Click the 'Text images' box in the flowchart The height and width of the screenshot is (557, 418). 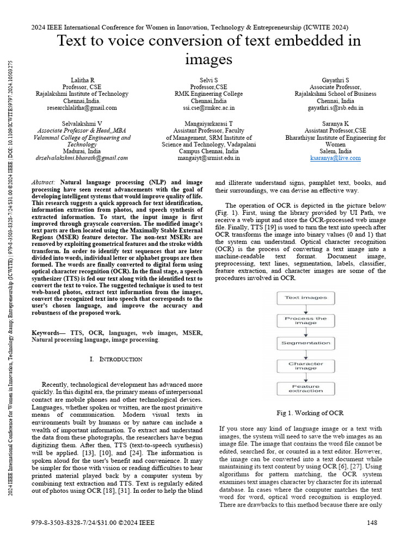pos(306,298)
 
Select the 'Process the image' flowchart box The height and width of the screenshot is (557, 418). pos(306,321)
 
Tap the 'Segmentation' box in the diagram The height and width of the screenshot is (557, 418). pos(306,343)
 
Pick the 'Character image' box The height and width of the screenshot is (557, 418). pos(306,366)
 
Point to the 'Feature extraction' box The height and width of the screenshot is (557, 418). pos(306,389)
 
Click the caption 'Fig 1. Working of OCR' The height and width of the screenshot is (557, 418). pos(310,413)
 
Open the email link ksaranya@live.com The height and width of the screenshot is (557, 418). pos(335,158)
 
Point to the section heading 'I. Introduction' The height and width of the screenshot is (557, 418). pos(115,360)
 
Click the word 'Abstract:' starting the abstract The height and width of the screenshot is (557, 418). pos(44,182)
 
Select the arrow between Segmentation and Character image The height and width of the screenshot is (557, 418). pos(306,355)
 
